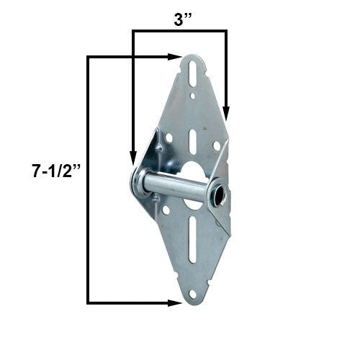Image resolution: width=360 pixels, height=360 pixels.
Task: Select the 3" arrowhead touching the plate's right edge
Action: (226, 114)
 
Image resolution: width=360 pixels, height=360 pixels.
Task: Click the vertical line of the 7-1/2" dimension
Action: (88, 180)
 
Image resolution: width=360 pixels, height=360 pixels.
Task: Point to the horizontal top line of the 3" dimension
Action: (179, 31)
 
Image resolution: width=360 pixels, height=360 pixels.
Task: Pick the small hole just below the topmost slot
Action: (192, 94)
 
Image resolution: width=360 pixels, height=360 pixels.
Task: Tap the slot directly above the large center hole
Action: (192, 139)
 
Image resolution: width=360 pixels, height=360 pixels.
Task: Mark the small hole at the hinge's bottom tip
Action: (192, 294)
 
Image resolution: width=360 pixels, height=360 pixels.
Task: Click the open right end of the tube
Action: (216, 197)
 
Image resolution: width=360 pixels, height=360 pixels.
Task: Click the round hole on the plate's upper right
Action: (216, 146)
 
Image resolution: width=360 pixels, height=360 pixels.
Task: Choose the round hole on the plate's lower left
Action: (166, 210)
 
